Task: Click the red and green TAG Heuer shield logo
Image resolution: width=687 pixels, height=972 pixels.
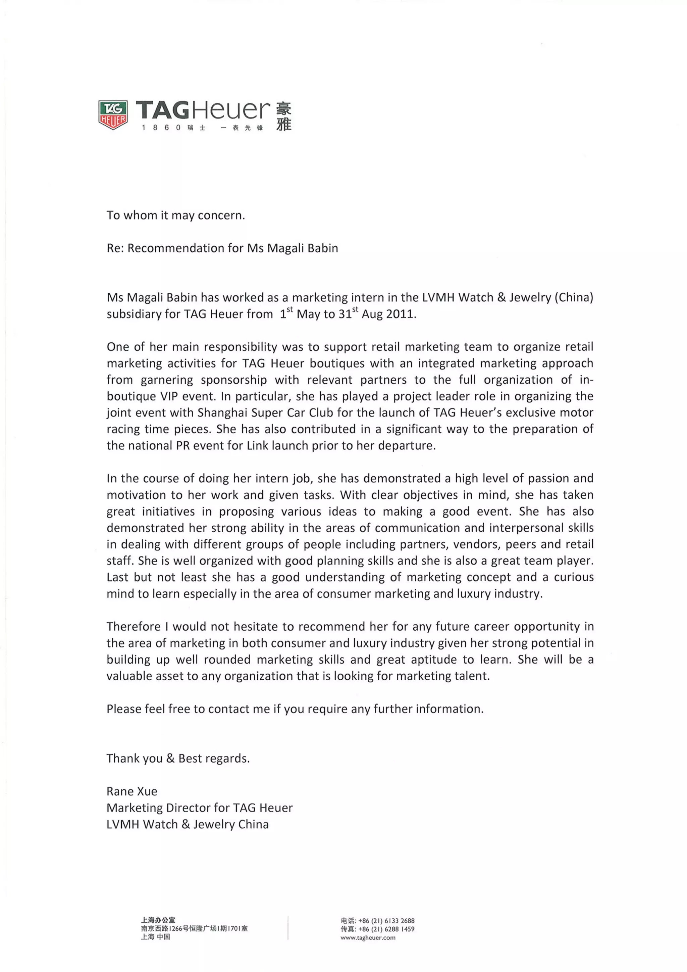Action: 113,115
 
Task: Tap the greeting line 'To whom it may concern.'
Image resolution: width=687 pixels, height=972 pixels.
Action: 175,215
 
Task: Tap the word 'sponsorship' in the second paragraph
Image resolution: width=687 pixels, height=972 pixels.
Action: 233,380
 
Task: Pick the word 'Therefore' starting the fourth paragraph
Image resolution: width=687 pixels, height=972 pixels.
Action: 133,627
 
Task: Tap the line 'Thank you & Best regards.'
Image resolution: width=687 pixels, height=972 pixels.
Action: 178,758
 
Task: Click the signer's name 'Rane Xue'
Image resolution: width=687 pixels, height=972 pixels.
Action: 131,791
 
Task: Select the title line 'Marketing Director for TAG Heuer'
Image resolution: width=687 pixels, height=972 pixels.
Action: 199,808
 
